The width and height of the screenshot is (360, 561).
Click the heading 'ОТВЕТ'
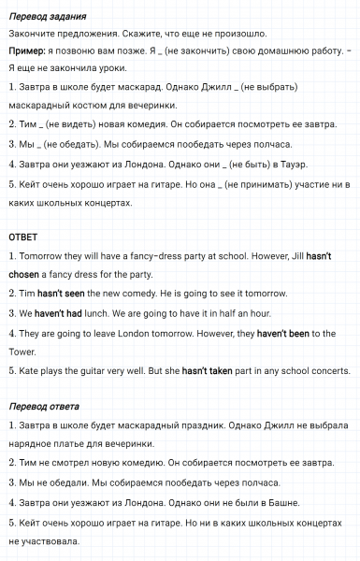click(x=22, y=237)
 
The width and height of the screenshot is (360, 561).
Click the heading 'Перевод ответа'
click(x=43, y=407)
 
